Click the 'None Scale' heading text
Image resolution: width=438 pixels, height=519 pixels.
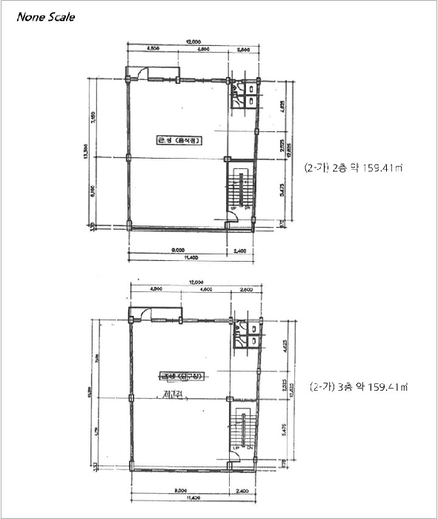[x=46, y=17]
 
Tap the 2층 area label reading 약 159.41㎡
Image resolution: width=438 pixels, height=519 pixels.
[x=354, y=168]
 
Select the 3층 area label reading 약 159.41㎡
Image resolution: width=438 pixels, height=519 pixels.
[x=359, y=387]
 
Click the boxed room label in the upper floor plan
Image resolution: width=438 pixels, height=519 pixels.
[x=179, y=140]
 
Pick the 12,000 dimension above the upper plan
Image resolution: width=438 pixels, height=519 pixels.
[x=194, y=42]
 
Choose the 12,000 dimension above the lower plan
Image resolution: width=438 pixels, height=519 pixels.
[x=196, y=282]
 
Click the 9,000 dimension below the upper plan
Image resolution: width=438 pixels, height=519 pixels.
[x=178, y=251]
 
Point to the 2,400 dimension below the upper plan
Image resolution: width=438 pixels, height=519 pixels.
[x=239, y=251]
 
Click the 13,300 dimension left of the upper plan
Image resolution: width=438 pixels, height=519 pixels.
[x=87, y=152]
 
